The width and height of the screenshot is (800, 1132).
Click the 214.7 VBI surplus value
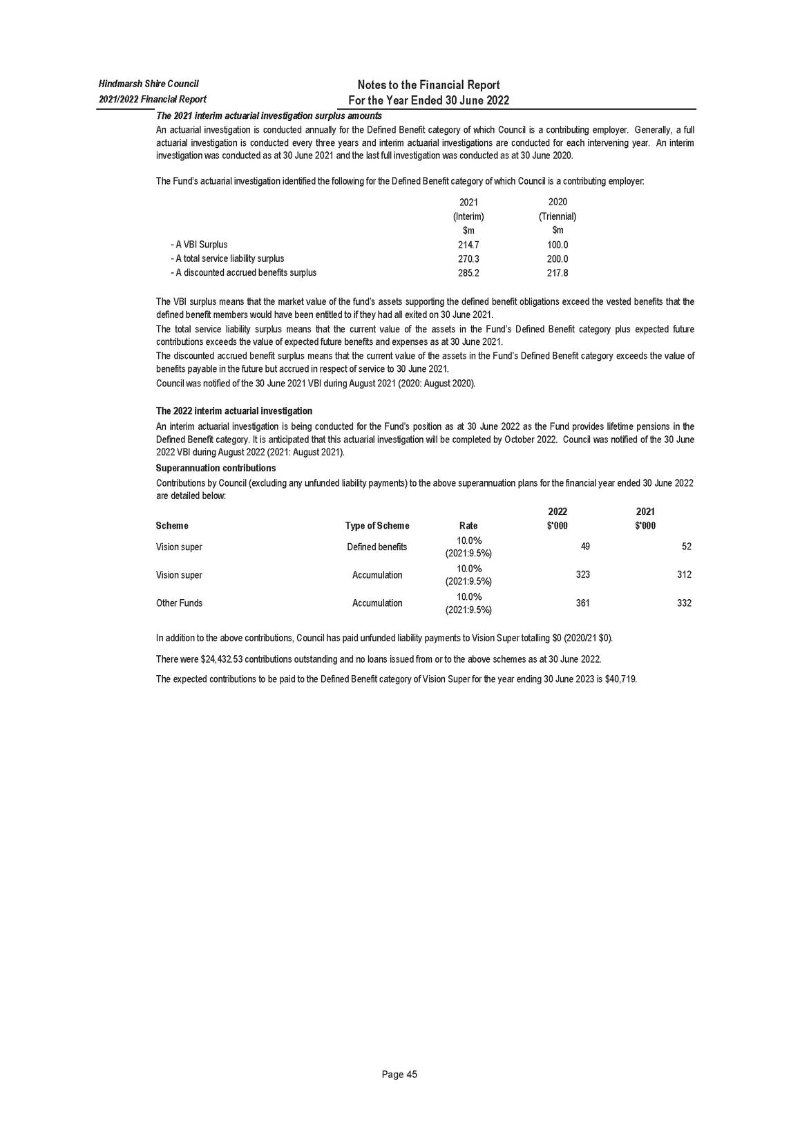point(468,245)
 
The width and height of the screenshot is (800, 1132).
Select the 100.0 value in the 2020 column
point(557,245)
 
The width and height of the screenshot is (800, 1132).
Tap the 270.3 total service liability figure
point(468,259)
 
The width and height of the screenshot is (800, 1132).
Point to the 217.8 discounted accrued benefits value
point(557,273)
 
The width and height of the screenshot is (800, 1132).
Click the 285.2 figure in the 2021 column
point(468,273)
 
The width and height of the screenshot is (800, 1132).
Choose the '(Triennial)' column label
point(557,216)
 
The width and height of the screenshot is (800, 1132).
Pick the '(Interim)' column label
point(468,216)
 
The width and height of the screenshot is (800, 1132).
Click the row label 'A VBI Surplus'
point(201,245)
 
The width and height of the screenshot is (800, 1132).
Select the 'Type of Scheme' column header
point(377,526)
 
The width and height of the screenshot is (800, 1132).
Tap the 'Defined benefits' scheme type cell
point(377,547)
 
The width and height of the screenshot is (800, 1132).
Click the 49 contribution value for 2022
point(585,547)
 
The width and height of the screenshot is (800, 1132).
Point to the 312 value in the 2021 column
point(684,575)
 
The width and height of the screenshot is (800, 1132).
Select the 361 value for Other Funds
point(582,603)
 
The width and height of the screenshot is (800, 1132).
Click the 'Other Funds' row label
point(180,603)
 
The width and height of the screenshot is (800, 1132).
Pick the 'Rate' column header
point(468,526)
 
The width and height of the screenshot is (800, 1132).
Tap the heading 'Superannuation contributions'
point(216,468)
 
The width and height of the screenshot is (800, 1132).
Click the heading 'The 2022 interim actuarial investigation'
point(234,411)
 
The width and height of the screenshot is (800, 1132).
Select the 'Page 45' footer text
point(399,1075)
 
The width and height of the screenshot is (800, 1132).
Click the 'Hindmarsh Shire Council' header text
point(149,84)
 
